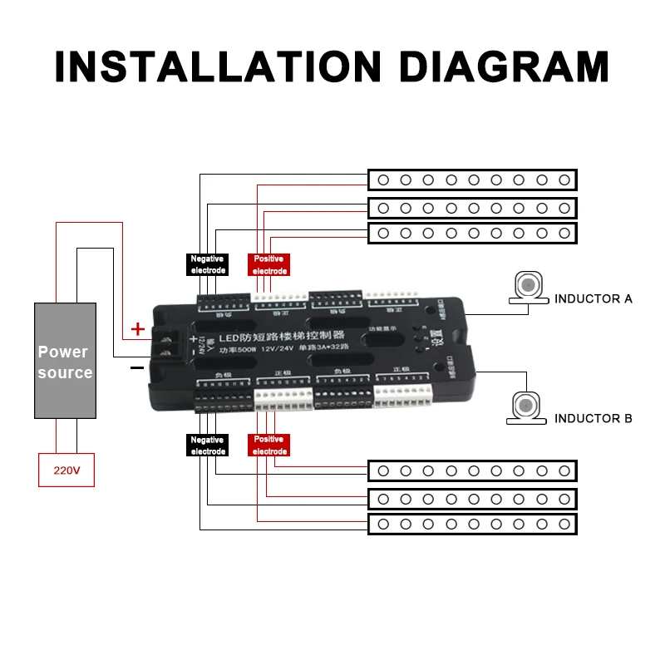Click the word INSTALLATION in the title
pos(213,66)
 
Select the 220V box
pos(66,470)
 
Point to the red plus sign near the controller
pos(138,330)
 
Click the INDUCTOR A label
pos(593,298)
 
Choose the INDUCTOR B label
pos(593,418)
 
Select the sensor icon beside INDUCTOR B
pos(527,407)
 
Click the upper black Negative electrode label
pos(207,264)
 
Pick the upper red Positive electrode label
pos(268,264)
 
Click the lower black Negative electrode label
pos(207,446)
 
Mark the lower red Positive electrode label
pos(268,446)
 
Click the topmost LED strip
pos(472,180)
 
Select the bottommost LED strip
pos(472,524)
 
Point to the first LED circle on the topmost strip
pos(383,180)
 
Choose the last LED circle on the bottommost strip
pos(564,524)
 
